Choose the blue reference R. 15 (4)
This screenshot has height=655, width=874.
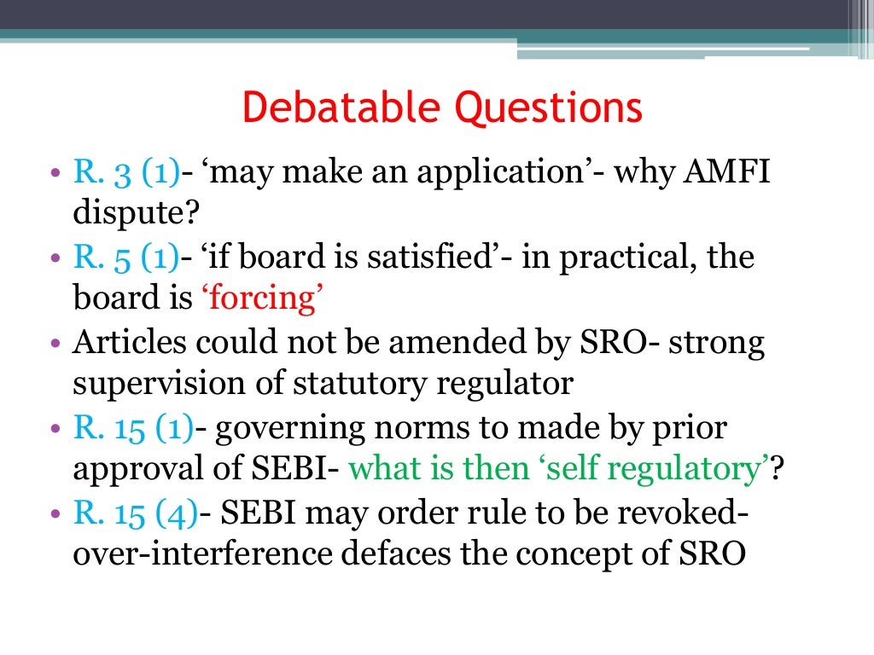136,513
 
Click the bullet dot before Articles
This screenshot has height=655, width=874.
55,344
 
